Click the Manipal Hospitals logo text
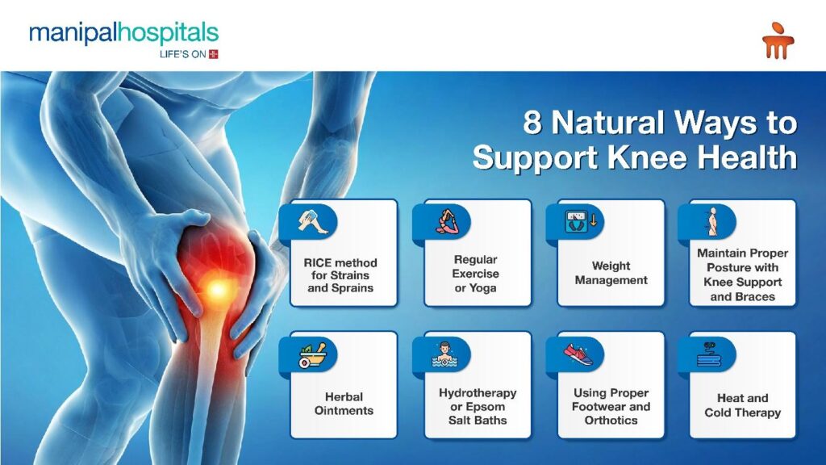pyautogui.click(x=123, y=33)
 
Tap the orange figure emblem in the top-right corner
pyautogui.click(x=778, y=40)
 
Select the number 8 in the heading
pyautogui.click(x=532, y=124)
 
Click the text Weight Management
pyautogui.click(x=611, y=273)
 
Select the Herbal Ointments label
pyautogui.click(x=344, y=404)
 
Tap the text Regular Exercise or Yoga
pyautogui.click(x=475, y=273)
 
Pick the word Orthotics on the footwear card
pyautogui.click(x=611, y=421)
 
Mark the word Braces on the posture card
pyautogui.click(x=757, y=296)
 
